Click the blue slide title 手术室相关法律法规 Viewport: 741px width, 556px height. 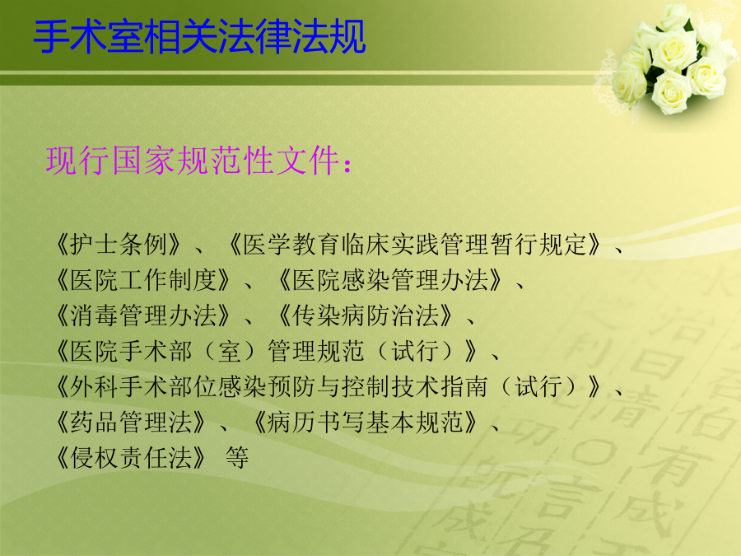(199, 37)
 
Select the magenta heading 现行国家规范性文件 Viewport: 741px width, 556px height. (193, 161)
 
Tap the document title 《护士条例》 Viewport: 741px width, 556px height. (118, 245)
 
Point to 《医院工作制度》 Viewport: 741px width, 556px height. (142, 280)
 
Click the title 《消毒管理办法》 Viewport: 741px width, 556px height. (142, 315)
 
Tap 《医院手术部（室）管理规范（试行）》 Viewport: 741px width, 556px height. (267, 351)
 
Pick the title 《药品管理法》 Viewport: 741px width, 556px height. (130, 423)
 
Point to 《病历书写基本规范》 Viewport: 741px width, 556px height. (366, 423)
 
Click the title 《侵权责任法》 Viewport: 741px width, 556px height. (130, 458)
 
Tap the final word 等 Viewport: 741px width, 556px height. (237, 458)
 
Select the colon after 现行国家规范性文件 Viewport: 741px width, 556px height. (347, 166)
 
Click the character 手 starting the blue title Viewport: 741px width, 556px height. (52, 37)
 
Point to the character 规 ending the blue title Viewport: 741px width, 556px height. (347, 37)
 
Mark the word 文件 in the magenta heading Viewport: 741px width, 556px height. (308, 161)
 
